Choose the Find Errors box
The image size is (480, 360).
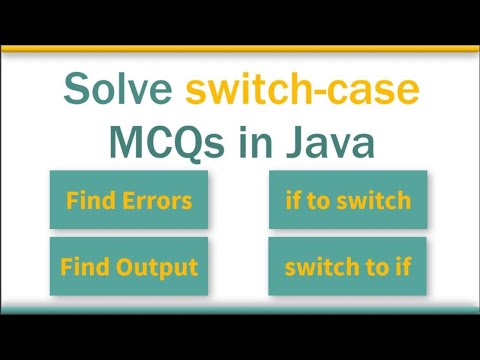[x=129, y=200]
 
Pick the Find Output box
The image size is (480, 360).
[x=129, y=267]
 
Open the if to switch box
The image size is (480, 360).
[x=347, y=200]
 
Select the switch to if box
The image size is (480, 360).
[x=347, y=267]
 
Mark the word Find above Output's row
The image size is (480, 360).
[x=88, y=200]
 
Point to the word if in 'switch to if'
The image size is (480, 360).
[x=401, y=267]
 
